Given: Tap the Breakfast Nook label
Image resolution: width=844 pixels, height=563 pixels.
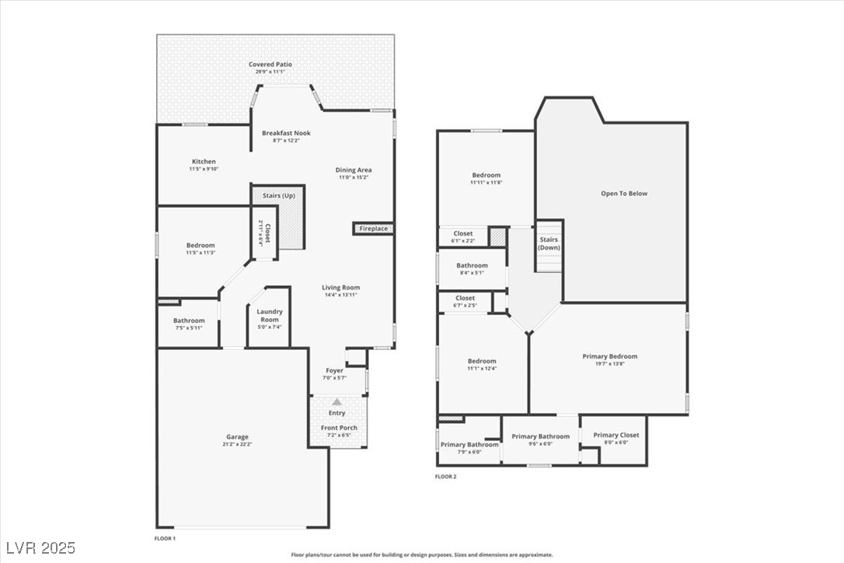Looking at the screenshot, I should [286, 133].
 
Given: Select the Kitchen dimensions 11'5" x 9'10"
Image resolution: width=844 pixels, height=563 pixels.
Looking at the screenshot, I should [204, 170].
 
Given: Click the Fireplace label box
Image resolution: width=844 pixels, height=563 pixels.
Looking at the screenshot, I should [374, 229].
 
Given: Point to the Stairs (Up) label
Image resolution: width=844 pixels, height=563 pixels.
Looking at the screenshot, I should [279, 195].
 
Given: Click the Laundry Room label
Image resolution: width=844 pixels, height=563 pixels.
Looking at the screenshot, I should [270, 315].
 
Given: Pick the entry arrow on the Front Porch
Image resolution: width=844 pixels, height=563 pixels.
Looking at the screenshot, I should [337, 402].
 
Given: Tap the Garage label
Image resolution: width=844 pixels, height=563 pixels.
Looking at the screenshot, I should [238, 437].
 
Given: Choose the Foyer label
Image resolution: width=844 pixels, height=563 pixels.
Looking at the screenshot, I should [334, 371].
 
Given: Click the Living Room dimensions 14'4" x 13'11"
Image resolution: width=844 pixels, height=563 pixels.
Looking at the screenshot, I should [341, 295].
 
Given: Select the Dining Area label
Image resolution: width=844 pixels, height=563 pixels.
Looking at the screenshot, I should [353, 170].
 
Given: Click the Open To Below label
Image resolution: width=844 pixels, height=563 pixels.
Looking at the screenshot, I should [623, 194].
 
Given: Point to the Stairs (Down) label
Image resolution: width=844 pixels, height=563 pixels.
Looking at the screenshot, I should [549, 243].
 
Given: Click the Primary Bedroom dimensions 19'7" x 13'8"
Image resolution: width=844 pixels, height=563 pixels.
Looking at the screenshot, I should [610, 364].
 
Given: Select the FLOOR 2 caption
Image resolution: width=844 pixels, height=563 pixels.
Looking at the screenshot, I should [445, 476].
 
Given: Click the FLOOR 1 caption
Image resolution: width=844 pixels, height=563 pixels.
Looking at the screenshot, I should [165, 538].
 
